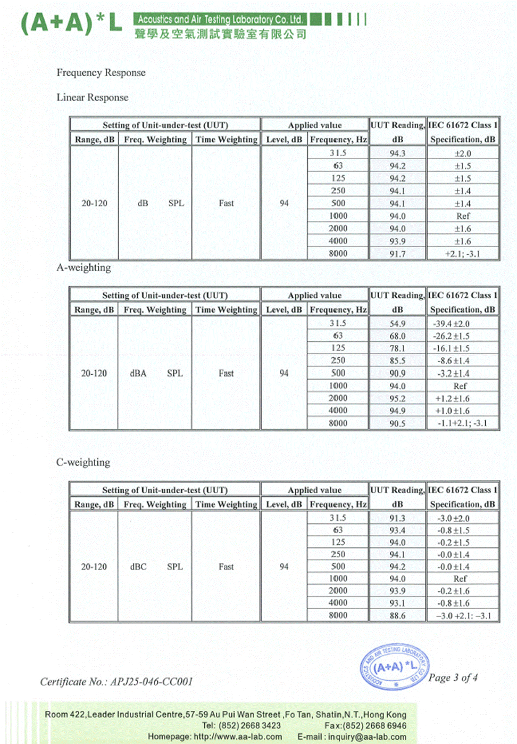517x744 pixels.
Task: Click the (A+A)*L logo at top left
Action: (x=71, y=23)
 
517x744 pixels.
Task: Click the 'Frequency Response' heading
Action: (x=101, y=72)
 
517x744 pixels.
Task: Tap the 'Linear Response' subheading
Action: (x=93, y=97)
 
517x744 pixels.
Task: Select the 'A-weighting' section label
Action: (x=84, y=267)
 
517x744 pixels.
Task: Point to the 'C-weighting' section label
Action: (x=83, y=462)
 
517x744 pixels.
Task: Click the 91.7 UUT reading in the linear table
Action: (x=397, y=254)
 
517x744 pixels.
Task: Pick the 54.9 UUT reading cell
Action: (x=397, y=324)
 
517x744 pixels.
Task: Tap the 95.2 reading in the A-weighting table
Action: (x=397, y=398)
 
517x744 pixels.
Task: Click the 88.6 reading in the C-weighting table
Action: (x=397, y=615)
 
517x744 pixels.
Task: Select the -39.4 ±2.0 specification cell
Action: (x=451, y=324)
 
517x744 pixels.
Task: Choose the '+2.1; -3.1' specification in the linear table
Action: (x=462, y=254)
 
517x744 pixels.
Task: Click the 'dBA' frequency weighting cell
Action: (x=138, y=373)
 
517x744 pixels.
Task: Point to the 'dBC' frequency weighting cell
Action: (x=138, y=567)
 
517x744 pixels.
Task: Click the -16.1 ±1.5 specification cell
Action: (x=451, y=348)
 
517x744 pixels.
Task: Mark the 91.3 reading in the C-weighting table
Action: (x=397, y=518)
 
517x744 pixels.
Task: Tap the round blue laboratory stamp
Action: (x=395, y=667)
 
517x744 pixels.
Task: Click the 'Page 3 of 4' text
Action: (x=453, y=677)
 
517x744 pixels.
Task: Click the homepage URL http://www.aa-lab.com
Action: (x=238, y=737)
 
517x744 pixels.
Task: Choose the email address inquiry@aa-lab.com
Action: (x=367, y=737)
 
